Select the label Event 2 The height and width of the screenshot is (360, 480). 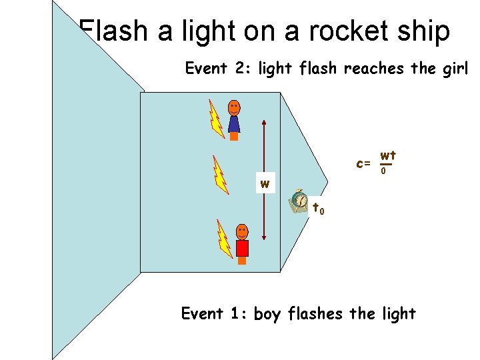tap(217, 68)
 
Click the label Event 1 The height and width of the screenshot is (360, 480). tap(214, 313)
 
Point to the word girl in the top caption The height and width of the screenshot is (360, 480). tap(455, 69)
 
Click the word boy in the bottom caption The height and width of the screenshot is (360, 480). tap(267, 314)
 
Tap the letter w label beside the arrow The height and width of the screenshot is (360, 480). tap(265, 184)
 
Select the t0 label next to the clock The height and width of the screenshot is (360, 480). tap(319, 209)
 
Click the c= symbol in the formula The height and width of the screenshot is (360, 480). tap(363, 163)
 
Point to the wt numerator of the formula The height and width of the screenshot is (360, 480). tap(388, 156)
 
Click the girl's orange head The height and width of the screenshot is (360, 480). tap(234, 107)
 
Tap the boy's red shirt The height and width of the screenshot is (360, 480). tap(242, 248)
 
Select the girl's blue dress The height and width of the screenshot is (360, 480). tap(234, 124)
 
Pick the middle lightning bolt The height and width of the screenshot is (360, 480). tap(220, 174)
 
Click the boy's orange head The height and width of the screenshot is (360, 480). tap(242, 231)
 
